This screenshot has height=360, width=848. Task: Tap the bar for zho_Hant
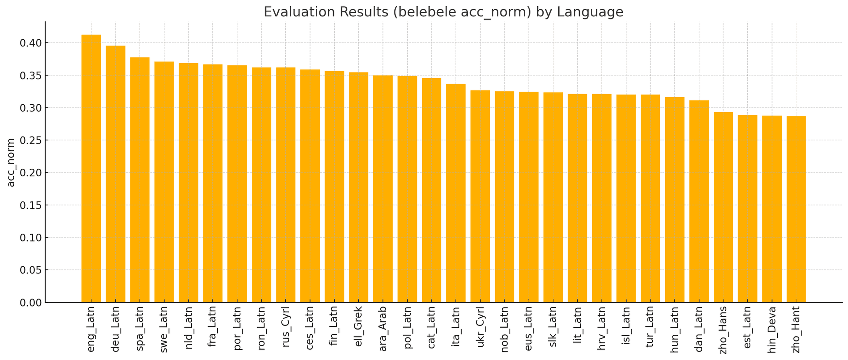pyautogui.click(x=796, y=209)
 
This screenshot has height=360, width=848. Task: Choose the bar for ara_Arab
pyautogui.click(x=383, y=189)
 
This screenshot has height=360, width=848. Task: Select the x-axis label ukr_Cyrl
pyautogui.click(x=480, y=329)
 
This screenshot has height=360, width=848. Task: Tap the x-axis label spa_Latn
pyautogui.click(x=140, y=329)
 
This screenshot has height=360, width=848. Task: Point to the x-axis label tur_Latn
pyautogui.click(x=650, y=329)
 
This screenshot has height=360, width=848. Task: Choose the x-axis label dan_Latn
pyautogui.click(x=699, y=329)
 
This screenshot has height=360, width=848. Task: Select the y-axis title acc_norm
pyautogui.click(x=11, y=162)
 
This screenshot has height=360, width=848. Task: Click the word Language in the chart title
pyautogui.click(x=590, y=12)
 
